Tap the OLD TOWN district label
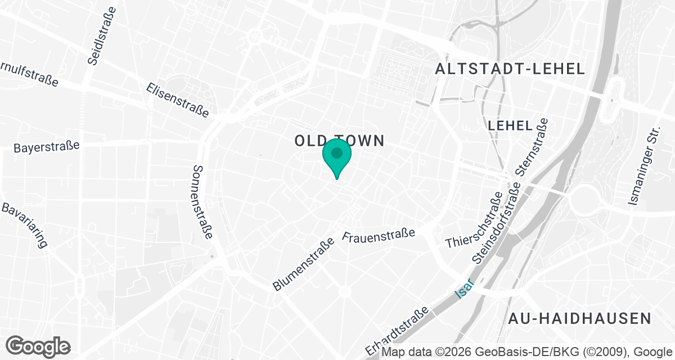340,141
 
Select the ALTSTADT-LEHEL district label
511,69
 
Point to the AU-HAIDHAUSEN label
579,318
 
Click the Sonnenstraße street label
202,201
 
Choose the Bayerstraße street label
47,147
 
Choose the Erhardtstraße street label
397,331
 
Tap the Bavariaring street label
25,225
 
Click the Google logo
38,346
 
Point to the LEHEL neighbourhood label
510,125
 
